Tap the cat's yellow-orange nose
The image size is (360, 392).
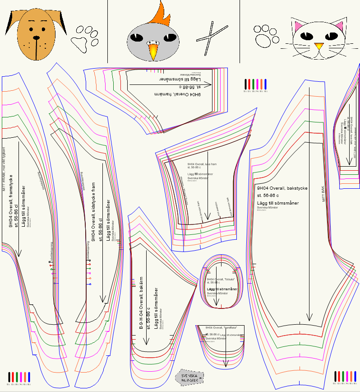318,46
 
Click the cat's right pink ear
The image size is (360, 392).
338,28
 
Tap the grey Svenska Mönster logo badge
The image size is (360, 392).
189,378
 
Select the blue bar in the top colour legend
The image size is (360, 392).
266,84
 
